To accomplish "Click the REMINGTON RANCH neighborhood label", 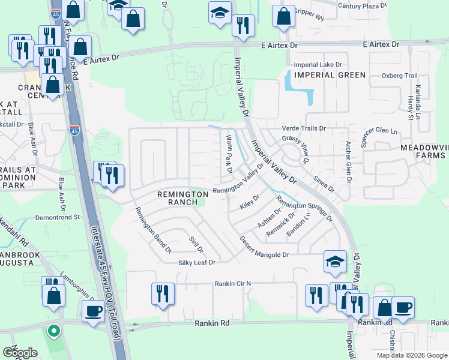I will click(x=177, y=198).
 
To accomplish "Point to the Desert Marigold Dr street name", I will click(x=265, y=247).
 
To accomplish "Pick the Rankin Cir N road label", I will click(x=232, y=284).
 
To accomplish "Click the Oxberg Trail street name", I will click(x=399, y=76).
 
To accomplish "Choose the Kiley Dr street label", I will click(x=249, y=202).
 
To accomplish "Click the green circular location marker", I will click(x=53, y=331).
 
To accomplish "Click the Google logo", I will click(x=20, y=353).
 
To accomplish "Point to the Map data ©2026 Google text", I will click(x=411, y=355).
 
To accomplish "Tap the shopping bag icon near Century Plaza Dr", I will click(x=283, y=16).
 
